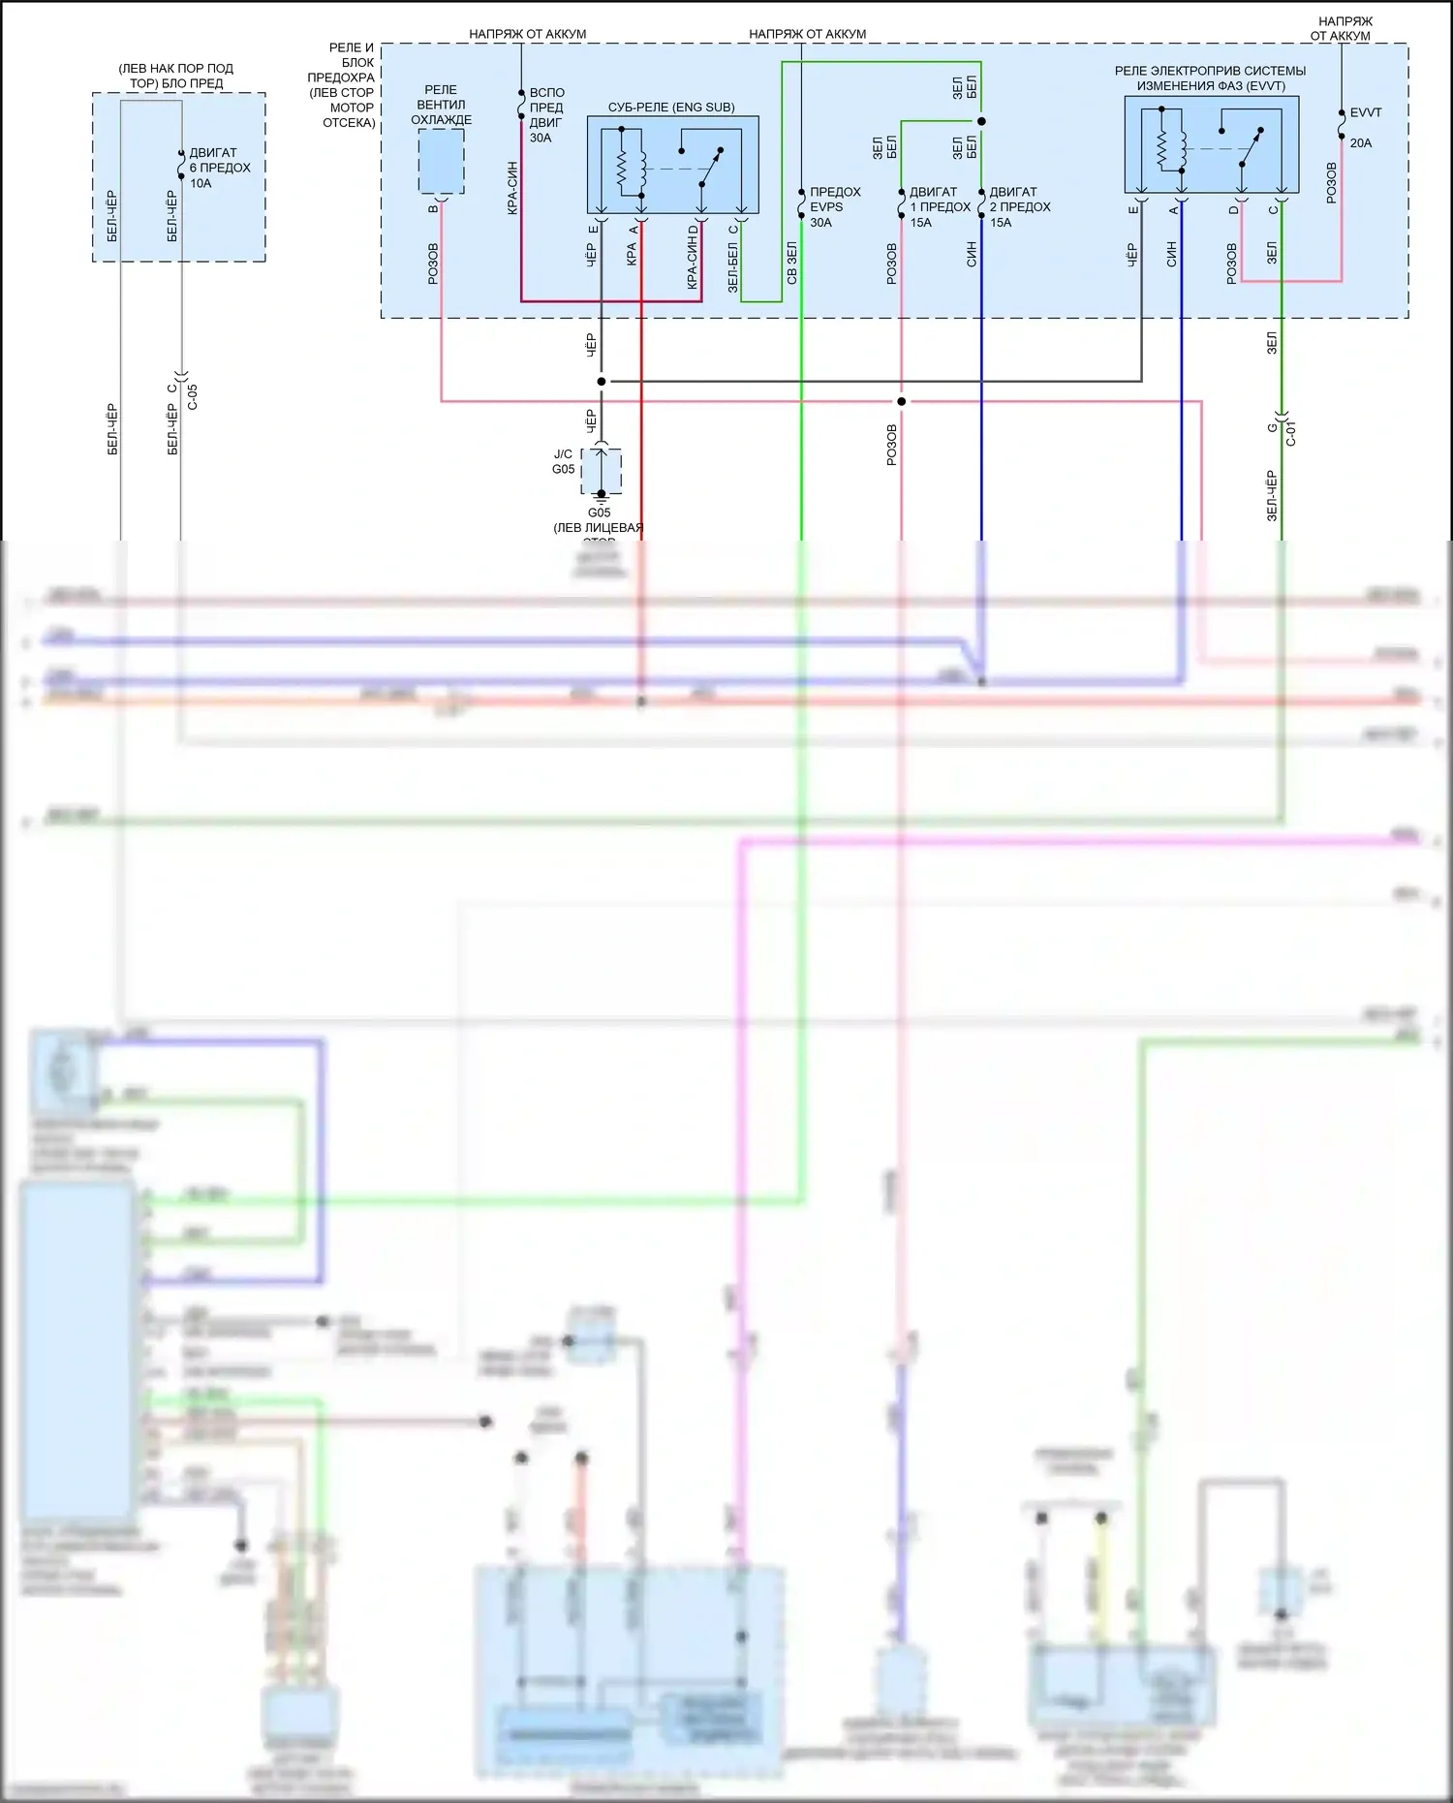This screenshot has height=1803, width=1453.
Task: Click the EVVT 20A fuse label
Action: pyautogui.click(x=1364, y=127)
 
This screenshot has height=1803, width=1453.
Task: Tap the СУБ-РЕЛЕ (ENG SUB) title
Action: pyautogui.click(x=671, y=108)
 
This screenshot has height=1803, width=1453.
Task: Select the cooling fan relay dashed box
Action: pyautogui.click(x=441, y=161)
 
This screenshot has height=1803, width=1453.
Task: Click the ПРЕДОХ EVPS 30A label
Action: pyautogui.click(x=834, y=207)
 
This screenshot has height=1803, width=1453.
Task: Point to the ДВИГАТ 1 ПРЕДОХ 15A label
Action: pyautogui.click(x=939, y=207)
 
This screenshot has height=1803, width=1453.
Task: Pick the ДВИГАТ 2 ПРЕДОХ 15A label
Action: pyautogui.click(x=1019, y=207)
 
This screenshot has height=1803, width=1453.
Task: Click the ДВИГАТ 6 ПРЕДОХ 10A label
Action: pyautogui.click(x=219, y=168)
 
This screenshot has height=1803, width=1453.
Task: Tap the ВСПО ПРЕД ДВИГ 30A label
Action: pyautogui.click(x=546, y=115)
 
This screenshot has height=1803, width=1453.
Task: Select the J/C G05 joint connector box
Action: pyautogui.click(x=602, y=471)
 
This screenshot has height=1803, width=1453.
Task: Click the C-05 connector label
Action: pyautogui.click(x=192, y=396)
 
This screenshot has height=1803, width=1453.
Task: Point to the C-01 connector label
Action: pyautogui.click(x=1290, y=433)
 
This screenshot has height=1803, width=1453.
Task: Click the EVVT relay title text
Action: pyautogui.click(x=1210, y=78)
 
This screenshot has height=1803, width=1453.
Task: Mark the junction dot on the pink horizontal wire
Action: pyautogui.click(x=901, y=401)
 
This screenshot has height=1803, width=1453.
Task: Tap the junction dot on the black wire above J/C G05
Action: pyautogui.click(x=601, y=382)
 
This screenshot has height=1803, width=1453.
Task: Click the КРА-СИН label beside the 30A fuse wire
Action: pyautogui.click(x=512, y=188)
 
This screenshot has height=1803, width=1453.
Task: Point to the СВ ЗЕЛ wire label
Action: pyautogui.click(x=791, y=263)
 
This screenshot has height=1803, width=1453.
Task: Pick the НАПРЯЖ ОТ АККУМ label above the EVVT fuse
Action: pyautogui.click(x=1343, y=29)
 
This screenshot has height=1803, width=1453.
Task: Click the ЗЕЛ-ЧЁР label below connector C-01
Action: pyautogui.click(x=1272, y=496)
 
